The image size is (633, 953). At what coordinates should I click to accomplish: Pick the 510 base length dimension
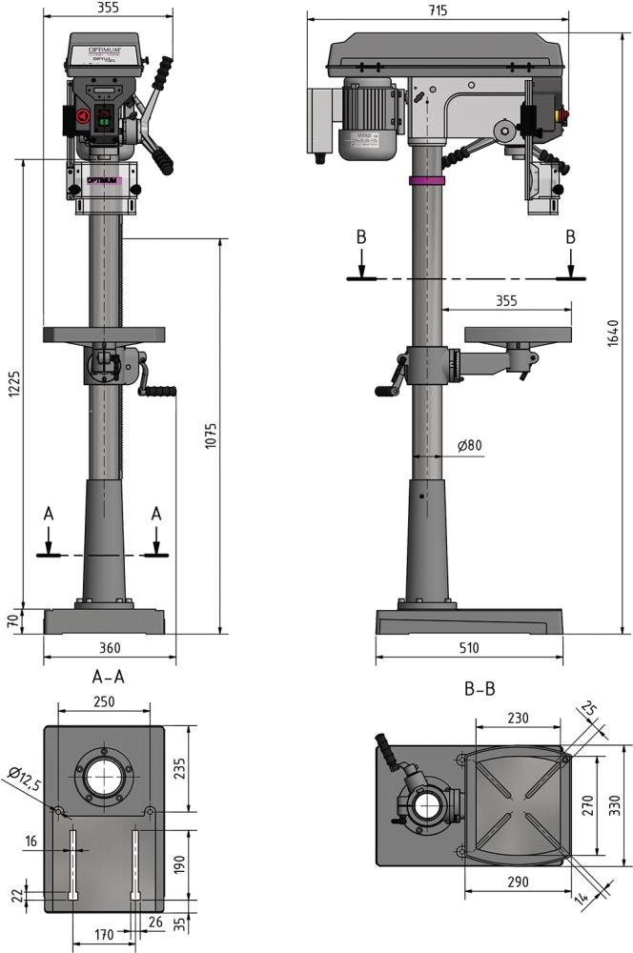point(467,648)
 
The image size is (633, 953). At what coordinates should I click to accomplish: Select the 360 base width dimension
point(109,648)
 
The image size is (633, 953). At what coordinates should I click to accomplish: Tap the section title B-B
point(479,687)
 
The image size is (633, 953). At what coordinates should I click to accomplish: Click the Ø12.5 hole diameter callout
point(23,782)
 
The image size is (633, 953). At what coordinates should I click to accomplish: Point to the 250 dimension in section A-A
point(104,701)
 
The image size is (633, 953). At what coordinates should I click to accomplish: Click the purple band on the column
point(427,180)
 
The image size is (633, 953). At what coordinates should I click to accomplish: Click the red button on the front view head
point(81,117)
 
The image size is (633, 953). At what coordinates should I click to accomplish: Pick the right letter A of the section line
point(156,514)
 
